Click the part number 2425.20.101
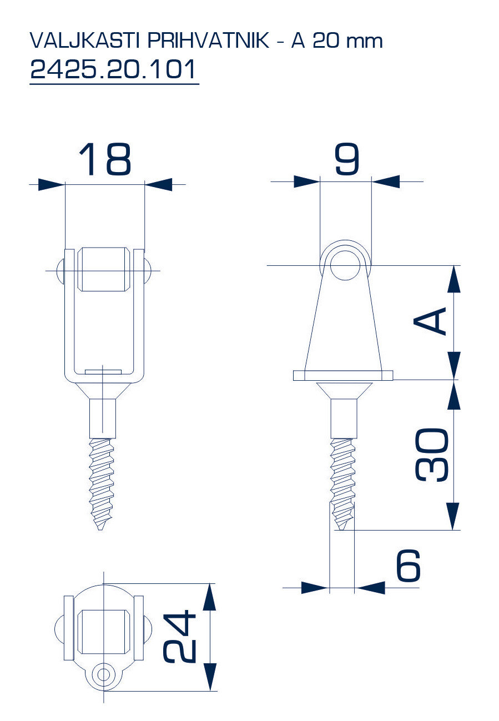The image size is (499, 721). click(113, 69)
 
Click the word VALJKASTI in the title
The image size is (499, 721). click(85, 41)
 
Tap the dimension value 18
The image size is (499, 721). click(105, 159)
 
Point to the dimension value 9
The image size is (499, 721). click(346, 159)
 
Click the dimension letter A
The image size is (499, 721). click(430, 321)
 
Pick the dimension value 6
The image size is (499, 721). click(409, 565)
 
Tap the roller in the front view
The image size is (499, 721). click(104, 269)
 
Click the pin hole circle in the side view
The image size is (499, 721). click(345, 265)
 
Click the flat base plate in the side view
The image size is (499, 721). click(343, 375)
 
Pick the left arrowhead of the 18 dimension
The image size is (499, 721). click(52, 184)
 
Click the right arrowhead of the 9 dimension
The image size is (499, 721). click(386, 181)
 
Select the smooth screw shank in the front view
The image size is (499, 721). click(102, 419)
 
